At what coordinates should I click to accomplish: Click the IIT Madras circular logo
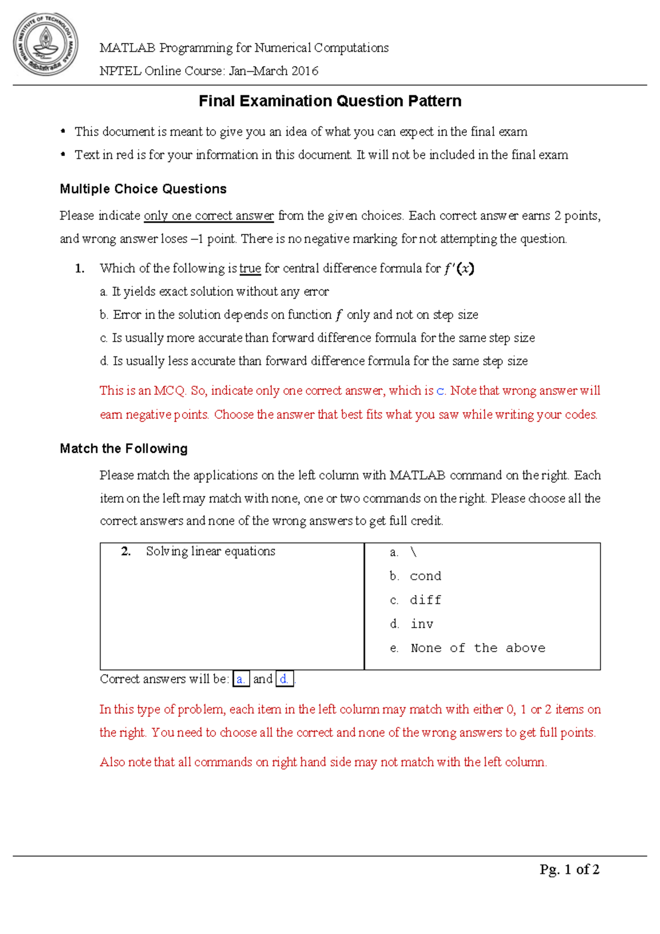[45, 45]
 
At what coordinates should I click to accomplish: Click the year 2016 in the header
[305, 71]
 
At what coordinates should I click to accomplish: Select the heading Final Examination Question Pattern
[330, 101]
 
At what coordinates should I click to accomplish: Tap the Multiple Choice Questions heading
[143, 189]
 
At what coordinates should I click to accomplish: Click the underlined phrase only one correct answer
[208, 216]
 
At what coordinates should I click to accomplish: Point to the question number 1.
[80, 268]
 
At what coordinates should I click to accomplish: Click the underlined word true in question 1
[250, 268]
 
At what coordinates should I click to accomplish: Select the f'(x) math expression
[459, 268]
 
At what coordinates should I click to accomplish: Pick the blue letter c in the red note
[440, 391]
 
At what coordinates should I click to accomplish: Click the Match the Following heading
[124, 449]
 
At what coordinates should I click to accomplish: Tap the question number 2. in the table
[126, 552]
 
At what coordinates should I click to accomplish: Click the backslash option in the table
[414, 552]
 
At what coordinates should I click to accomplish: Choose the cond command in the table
[426, 576]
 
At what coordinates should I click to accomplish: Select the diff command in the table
[426, 600]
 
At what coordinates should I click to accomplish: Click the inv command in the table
[422, 624]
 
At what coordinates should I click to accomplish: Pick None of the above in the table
[478, 649]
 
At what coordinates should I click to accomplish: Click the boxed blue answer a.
[241, 679]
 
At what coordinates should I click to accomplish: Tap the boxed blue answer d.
[284, 679]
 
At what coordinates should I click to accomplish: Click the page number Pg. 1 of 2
[569, 870]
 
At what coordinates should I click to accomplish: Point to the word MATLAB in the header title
[127, 48]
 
